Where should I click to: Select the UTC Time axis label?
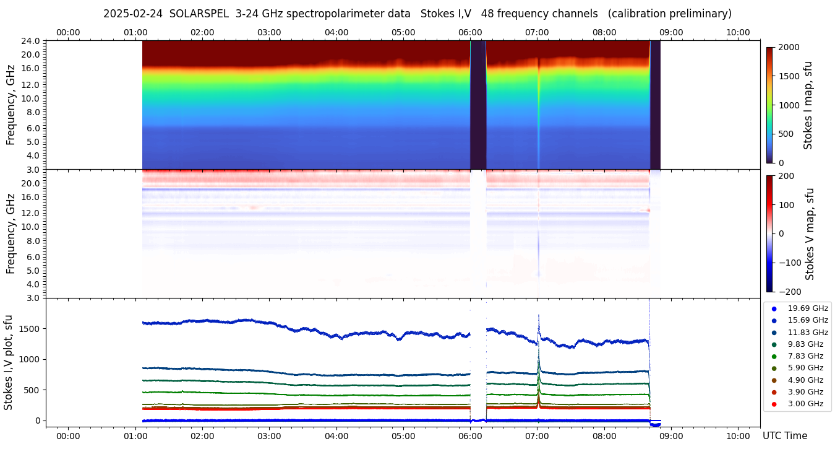pyautogui.click(x=785, y=436)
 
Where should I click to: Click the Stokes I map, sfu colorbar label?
pyautogui.click(x=808, y=105)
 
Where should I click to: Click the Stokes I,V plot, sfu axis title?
pyautogui.click(x=9, y=362)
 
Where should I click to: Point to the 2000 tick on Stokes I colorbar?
pyautogui.click(x=789, y=47)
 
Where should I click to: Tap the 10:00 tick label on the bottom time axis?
pyautogui.click(x=738, y=436)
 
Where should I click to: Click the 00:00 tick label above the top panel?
pyautogui.click(x=68, y=32)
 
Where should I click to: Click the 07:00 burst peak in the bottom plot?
pyautogui.click(x=539, y=316)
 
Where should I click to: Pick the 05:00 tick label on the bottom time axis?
pyautogui.click(x=403, y=436)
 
